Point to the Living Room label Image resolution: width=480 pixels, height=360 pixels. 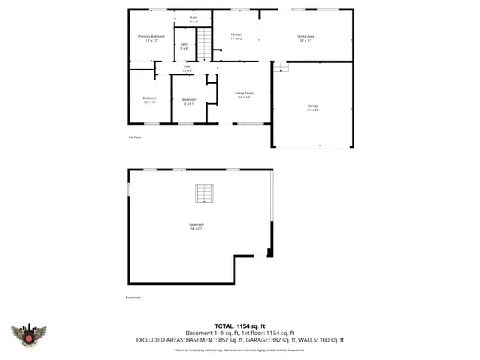(x=244, y=95)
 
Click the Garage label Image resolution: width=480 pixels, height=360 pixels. (x=313, y=108)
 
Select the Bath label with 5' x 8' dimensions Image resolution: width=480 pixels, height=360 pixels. (x=184, y=46)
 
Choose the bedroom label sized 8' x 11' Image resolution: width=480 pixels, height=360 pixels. (x=190, y=101)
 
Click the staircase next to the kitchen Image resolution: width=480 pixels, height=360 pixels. (x=205, y=44)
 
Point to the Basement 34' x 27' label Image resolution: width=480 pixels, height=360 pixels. (x=197, y=226)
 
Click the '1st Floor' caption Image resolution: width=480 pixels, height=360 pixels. (x=134, y=138)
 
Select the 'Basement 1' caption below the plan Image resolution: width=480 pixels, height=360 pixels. (x=134, y=298)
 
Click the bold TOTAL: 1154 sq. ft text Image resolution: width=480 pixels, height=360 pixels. (x=239, y=326)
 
